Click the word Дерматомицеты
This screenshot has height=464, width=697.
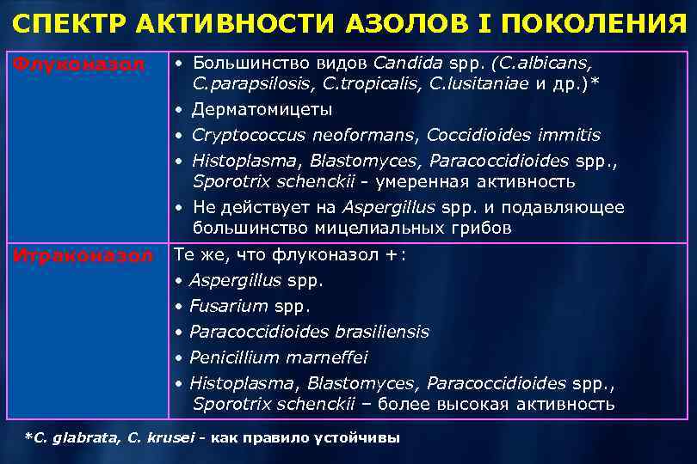coord(262,110)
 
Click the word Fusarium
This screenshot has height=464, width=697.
coord(227,306)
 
